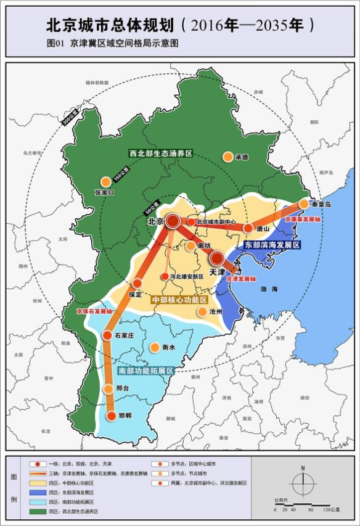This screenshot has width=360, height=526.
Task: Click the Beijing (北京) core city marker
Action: tap(173, 221)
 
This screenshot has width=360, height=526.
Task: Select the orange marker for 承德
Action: tap(228, 157)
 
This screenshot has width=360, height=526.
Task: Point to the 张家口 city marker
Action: tap(105, 181)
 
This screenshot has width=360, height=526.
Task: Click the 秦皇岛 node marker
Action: tap(304, 203)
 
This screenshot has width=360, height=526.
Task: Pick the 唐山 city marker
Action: tap(248, 228)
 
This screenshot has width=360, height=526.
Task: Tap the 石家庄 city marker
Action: tap(107, 335)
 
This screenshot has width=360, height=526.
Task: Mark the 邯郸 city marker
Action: tap(111, 416)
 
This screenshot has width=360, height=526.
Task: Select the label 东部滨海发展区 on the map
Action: tap(272, 245)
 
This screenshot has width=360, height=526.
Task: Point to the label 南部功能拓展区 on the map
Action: tap(145, 371)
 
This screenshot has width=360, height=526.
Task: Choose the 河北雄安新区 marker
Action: tap(164, 277)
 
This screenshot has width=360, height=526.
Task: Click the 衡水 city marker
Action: tap(154, 347)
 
